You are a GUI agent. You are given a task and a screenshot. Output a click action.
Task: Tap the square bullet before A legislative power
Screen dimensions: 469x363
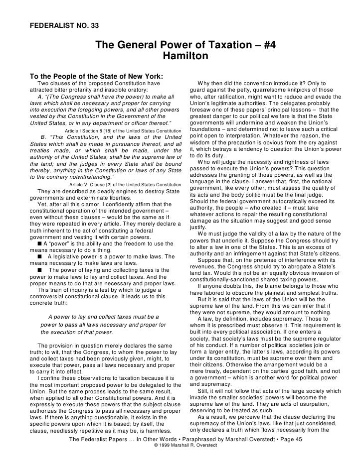pyautogui.click(x=40, y=257)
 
